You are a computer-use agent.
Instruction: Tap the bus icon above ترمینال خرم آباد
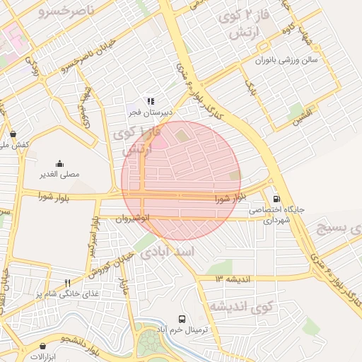182,319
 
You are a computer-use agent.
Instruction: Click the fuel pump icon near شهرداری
276,199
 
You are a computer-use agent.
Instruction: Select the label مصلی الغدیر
59,173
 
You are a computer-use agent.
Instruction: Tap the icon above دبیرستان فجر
150,102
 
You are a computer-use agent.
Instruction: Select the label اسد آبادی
165,254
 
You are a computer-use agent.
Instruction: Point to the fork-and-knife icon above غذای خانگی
67,283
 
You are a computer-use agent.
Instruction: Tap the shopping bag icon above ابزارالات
44,346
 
